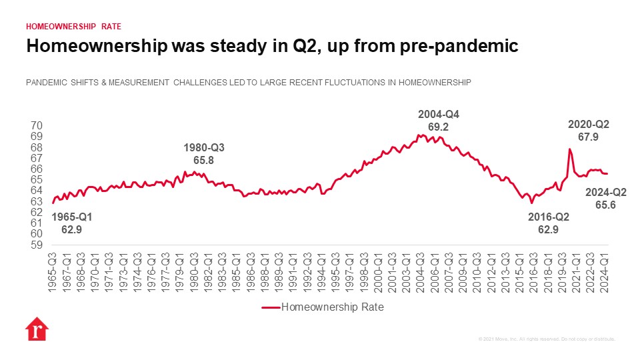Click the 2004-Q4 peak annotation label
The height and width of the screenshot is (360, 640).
coord(438,120)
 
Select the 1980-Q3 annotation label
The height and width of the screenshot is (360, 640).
coord(203,154)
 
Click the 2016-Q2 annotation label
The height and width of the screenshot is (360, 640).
coord(548,223)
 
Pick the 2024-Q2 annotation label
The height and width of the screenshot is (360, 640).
coord(605,199)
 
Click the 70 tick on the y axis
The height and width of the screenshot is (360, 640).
coord(37,125)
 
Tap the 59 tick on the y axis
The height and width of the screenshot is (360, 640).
coord(37,245)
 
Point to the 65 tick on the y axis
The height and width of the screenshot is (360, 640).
coord(37,180)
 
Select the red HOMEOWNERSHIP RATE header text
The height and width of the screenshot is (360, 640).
coord(73,27)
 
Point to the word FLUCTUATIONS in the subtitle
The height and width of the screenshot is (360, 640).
coord(371,83)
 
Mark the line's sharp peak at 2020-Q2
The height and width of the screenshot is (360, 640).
coord(570,149)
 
